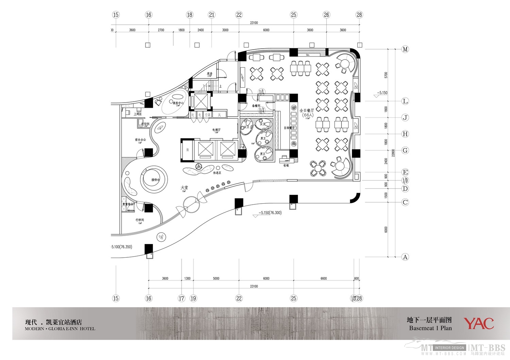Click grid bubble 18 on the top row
coord(190,15)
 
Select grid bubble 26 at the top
coord(326,15)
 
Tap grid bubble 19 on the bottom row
coord(193,298)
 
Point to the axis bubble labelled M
coord(405,49)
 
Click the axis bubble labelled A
coord(405,257)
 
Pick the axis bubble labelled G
coord(405,150)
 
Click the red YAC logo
coord(479,323)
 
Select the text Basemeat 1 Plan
coord(430,328)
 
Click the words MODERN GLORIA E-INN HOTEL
coord(60,329)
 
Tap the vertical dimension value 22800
coord(393,153)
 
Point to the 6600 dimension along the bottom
coord(324,278)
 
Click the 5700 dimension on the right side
coord(386,75)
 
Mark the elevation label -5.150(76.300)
coord(270,213)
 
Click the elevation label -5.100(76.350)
coord(121,247)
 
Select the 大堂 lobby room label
coord(184,188)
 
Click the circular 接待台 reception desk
coord(155,179)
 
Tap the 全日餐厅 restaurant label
coord(307,110)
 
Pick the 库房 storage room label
coord(209,73)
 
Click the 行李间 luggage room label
coord(140,220)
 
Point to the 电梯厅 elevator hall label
coord(216,130)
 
